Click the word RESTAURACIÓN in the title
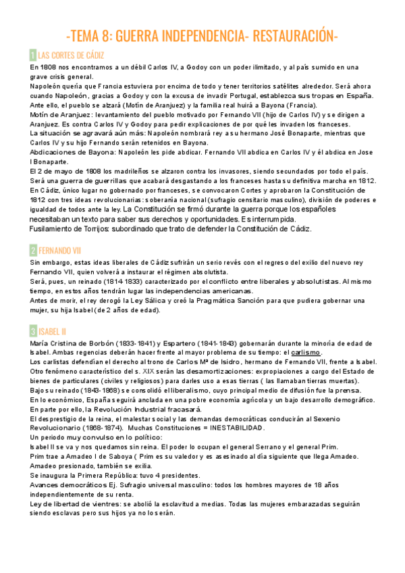click(x=295, y=35)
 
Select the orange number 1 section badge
click(x=33, y=55)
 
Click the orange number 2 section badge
click(x=33, y=250)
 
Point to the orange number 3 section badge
click(x=33, y=331)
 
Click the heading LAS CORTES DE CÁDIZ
click(x=71, y=55)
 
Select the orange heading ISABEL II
click(x=53, y=331)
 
